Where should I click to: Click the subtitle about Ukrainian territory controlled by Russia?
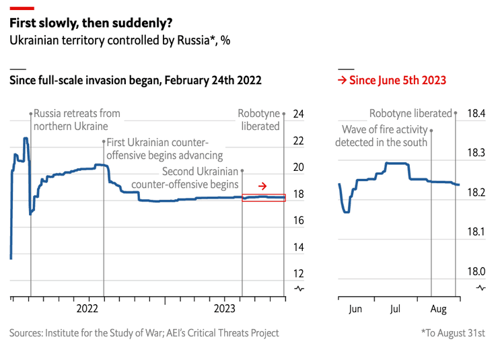[x=119, y=40]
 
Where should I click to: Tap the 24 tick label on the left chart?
[x=299, y=114]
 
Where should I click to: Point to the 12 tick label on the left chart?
[x=299, y=274]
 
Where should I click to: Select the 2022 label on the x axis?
[x=87, y=309]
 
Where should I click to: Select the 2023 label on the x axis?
[x=224, y=309]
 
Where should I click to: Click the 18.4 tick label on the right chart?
[x=476, y=114]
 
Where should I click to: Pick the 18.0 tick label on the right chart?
[x=476, y=272]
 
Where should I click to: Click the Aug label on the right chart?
[x=437, y=309]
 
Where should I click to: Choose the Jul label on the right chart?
[x=395, y=309]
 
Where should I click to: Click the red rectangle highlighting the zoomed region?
[x=264, y=197]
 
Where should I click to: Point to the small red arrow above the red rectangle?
[x=263, y=186]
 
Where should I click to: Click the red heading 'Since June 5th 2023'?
[x=392, y=81]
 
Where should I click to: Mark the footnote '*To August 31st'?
[x=453, y=333]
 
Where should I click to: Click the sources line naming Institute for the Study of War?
[x=143, y=333]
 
